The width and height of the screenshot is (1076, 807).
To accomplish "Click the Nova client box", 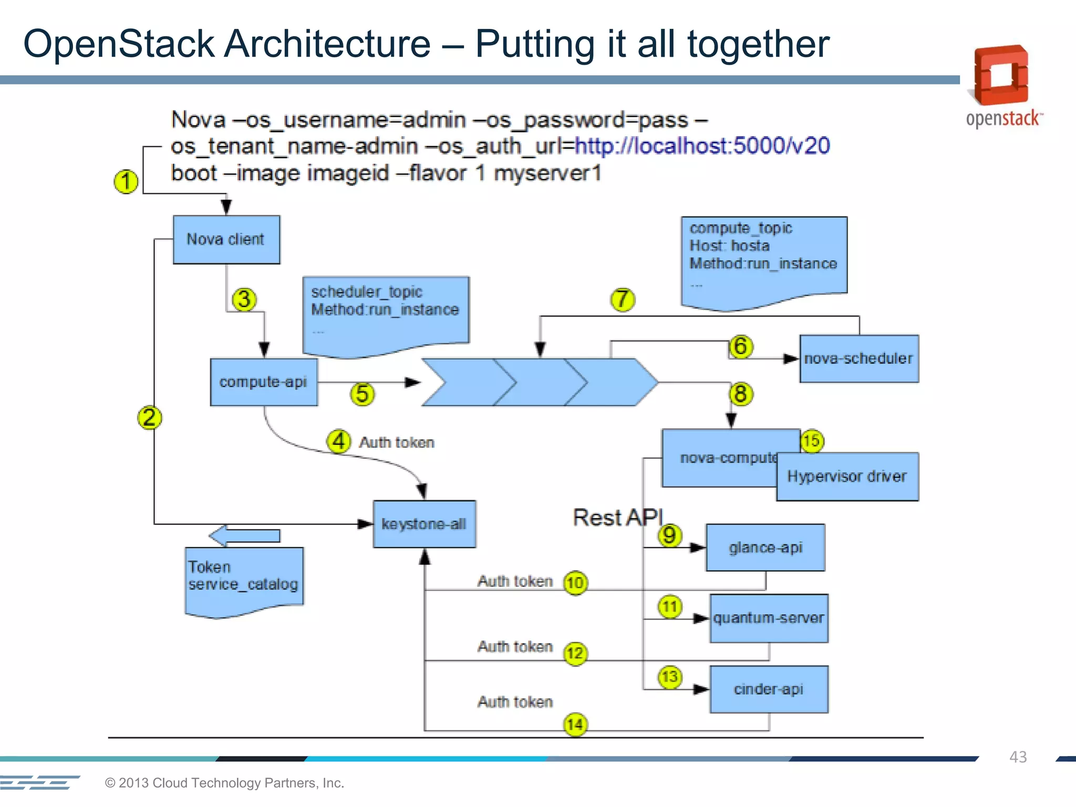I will pyautogui.click(x=226, y=240).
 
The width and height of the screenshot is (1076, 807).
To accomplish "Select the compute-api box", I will pyautogui.click(x=264, y=382).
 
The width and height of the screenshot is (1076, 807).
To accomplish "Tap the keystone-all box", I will pyautogui.click(x=425, y=524).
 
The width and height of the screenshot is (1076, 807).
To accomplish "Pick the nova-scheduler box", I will pyautogui.click(x=859, y=359).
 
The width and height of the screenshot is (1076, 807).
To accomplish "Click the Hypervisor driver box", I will pyautogui.click(x=847, y=477).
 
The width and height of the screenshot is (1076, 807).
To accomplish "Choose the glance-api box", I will pyautogui.click(x=765, y=547).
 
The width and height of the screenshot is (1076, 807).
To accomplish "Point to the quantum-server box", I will pyautogui.click(x=769, y=618).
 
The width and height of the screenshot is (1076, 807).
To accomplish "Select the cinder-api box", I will pyautogui.click(x=769, y=689).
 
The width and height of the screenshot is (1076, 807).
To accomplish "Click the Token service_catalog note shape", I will pyautogui.click(x=244, y=578).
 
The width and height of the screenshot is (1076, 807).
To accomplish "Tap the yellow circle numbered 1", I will pyautogui.click(x=126, y=182).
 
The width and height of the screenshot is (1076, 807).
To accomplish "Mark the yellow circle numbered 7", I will pyautogui.click(x=623, y=299).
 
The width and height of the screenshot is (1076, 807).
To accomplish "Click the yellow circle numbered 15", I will pyautogui.click(x=812, y=440).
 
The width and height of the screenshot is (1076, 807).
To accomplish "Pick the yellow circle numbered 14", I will pyautogui.click(x=575, y=725).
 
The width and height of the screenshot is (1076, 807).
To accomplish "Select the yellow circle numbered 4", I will pyautogui.click(x=339, y=441).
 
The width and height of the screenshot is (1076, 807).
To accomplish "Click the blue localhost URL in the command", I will pyautogui.click(x=702, y=146).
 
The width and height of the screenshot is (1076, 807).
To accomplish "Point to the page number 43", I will pyautogui.click(x=1018, y=757).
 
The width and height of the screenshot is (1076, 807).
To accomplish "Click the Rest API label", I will pyautogui.click(x=618, y=518).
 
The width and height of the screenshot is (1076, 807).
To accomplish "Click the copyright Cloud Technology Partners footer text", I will pyautogui.click(x=224, y=783).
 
